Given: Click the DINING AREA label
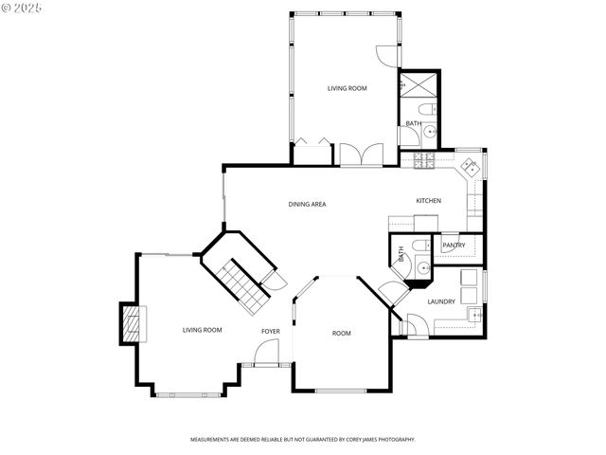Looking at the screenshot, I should coord(308,204).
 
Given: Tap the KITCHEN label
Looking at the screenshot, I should coord(428,201).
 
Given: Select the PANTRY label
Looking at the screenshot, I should coord(454,246).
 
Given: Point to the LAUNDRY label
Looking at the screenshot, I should coord(441,301).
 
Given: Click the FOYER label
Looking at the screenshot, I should coord(271,331).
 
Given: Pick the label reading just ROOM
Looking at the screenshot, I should coord(342,333).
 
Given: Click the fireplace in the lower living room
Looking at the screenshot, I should coord(134,324).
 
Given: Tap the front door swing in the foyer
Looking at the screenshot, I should coord(266,354).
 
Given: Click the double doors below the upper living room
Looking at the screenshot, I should coord(362,155).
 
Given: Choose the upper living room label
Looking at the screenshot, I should coord(347,88).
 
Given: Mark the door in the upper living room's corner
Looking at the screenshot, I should coord(386,55).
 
